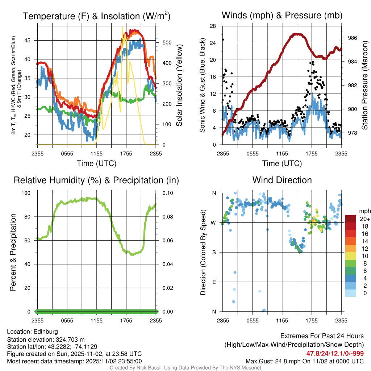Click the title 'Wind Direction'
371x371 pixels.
pos(282,180)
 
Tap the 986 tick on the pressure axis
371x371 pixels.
pos(353,38)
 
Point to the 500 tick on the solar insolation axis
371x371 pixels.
pos(167,42)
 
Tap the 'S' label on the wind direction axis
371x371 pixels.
pos(214,252)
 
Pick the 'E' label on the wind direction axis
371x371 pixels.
pos(214,282)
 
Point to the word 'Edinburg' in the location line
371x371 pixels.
pos(46,331)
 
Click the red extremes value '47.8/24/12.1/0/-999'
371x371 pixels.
pos(335,353)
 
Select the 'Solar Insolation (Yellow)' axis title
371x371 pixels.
pos(179,85)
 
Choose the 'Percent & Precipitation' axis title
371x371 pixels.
pos(13,252)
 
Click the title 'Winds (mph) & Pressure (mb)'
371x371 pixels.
pos(282,16)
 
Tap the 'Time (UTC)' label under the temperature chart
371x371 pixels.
pos(96,163)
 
